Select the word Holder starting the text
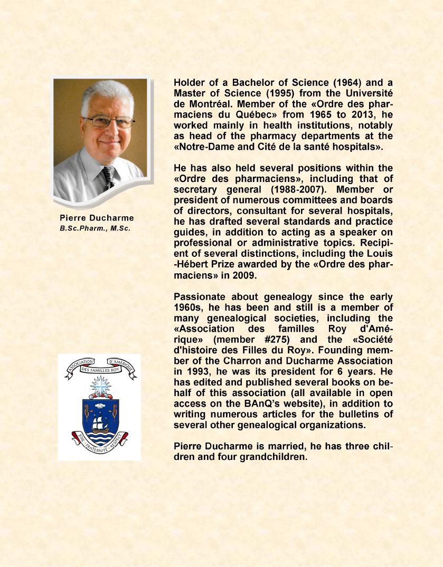[x=190, y=83]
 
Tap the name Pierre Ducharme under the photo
[x=97, y=218]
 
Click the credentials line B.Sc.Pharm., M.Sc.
[x=95, y=228]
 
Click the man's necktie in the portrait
[x=109, y=177]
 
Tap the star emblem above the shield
[x=99, y=387]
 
